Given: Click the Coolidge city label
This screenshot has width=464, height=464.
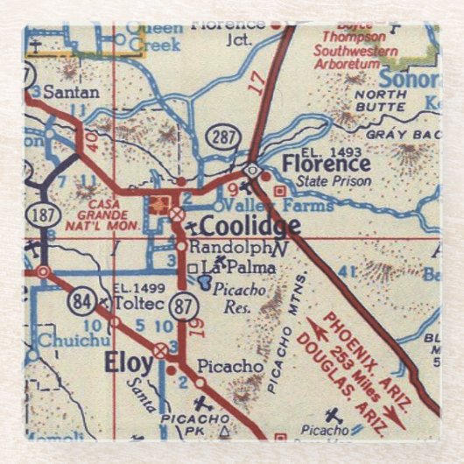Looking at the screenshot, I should pyautogui.click(x=250, y=226).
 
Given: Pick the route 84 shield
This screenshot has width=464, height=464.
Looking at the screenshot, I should pyautogui.click(x=81, y=303).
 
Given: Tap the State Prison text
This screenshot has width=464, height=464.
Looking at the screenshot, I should pyautogui.click(x=334, y=181).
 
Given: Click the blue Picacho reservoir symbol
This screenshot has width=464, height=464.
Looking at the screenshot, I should pyautogui.click(x=204, y=282).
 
